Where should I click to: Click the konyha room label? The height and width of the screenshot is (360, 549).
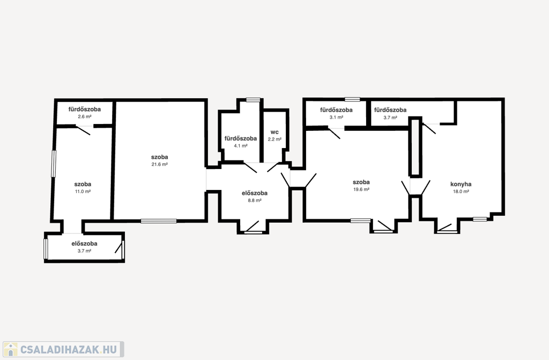[x=461, y=184]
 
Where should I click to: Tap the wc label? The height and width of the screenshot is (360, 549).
[x=274, y=132]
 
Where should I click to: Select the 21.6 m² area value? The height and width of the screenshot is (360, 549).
[x=160, y=164]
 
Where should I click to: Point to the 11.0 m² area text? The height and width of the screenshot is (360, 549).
[x=83, y=192]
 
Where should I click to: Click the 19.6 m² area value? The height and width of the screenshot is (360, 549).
[x=361, y=189]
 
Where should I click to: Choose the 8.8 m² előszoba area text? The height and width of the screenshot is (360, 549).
[x=255, y=201]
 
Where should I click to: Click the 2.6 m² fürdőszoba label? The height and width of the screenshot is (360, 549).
[x=84, y=109]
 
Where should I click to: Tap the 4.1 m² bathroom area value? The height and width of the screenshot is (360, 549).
[x=241, y=146]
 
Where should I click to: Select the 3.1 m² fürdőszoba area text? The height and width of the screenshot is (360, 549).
[x=336, y=117]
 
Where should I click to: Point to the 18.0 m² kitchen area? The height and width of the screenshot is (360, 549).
[x=461, y=192]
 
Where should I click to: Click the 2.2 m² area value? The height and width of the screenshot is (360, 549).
[x=274, y=139]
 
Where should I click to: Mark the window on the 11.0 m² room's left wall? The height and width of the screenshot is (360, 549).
[x=54, y=164]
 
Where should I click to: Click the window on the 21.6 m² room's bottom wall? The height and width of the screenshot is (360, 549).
[x=159, y=221]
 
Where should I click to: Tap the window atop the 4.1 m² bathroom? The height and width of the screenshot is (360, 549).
[x=253, y=100]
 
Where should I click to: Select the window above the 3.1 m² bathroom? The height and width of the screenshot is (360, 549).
[x=352, y=99]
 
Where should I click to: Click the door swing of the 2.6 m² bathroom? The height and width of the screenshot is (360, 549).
[x=83, y=130]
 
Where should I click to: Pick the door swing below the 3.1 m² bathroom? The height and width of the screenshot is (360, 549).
[x=334, y=133]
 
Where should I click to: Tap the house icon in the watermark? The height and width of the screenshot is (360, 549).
[x=11, y=349]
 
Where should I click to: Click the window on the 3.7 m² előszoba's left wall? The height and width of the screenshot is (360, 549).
[x=46, y=249]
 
